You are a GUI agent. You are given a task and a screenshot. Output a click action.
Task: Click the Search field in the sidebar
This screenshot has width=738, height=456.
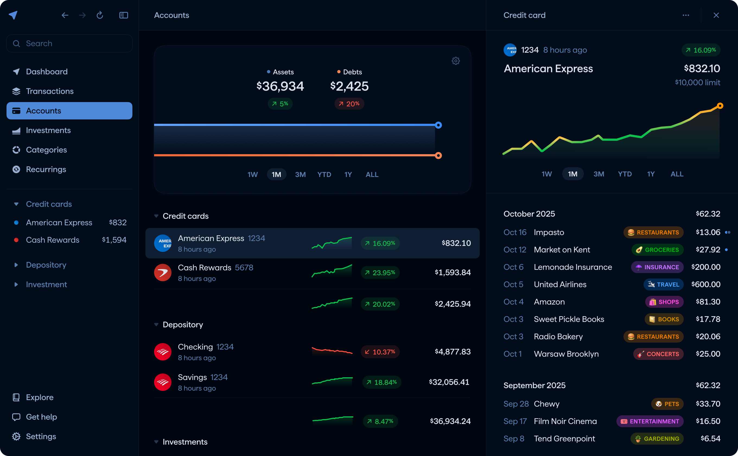(69, 43)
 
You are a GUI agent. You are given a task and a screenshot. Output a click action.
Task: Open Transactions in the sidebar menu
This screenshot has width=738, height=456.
(49, 91)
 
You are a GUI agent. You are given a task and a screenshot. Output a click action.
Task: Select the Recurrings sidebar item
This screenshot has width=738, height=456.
(46, 169)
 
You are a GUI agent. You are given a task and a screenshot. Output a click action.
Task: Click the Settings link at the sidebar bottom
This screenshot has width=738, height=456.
(41, 436)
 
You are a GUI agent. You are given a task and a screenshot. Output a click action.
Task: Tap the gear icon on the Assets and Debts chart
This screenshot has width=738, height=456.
(456, 61)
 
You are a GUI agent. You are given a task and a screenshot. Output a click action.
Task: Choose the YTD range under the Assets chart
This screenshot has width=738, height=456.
(324, 174)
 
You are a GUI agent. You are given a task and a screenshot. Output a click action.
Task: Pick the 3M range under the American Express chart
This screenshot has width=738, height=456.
(599, 174)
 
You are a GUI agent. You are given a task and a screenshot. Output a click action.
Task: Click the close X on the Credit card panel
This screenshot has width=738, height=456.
(716, 15)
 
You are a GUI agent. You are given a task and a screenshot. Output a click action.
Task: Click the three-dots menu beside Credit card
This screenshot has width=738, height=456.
(686, 15)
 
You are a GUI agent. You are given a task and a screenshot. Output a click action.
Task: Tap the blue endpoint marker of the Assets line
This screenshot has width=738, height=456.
(438, 125)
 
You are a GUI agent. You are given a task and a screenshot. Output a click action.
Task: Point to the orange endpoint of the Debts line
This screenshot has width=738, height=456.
(438, 156)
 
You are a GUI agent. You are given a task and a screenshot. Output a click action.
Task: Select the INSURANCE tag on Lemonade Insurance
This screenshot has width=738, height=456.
(657, 267)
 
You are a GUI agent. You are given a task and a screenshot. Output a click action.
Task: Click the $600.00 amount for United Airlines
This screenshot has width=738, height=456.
(706, 284)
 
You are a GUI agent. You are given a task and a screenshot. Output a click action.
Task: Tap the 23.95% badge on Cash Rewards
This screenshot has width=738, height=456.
(380, 273)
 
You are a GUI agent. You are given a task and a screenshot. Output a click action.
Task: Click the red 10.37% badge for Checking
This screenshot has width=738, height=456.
(380, 352)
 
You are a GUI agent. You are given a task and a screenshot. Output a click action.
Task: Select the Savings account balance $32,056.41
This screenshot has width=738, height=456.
(449, 382)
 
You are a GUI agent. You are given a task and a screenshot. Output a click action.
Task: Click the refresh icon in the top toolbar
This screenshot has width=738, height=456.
(100, 15)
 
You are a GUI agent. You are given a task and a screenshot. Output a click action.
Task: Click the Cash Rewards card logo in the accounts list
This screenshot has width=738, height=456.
(163, 273)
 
